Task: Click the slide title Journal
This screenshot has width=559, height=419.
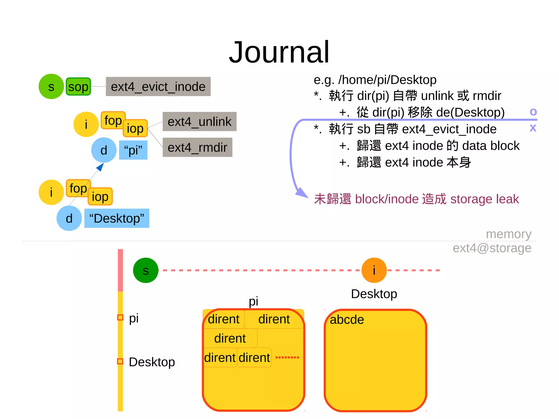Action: point(279,52)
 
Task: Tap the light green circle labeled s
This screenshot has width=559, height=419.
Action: point(51,87)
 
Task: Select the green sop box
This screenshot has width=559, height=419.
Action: point(78,87)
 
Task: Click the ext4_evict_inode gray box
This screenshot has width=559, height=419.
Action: point(158,87)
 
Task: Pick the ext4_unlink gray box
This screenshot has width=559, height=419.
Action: point(199,121)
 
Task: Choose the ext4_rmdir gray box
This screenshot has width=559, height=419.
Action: point(197,147)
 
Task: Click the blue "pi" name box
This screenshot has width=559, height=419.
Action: point(133,150)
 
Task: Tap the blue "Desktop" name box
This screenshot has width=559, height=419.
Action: point(117,218)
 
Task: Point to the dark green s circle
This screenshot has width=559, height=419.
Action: point(145,270)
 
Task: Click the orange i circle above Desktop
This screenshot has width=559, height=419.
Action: point(374,270)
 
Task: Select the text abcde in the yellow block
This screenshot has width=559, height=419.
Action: point(347,319)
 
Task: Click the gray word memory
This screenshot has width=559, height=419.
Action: point(509,234)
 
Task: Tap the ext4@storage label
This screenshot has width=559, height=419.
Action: point(492,248)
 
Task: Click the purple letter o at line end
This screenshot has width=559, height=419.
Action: point(533,112)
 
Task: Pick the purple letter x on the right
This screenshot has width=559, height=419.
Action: point(533,127)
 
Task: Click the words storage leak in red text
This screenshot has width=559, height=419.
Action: point(484,199)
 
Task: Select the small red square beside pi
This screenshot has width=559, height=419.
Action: point(120,317)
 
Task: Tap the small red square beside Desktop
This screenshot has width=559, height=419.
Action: point(120,361)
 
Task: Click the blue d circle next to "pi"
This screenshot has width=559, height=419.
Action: point(104,150)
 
